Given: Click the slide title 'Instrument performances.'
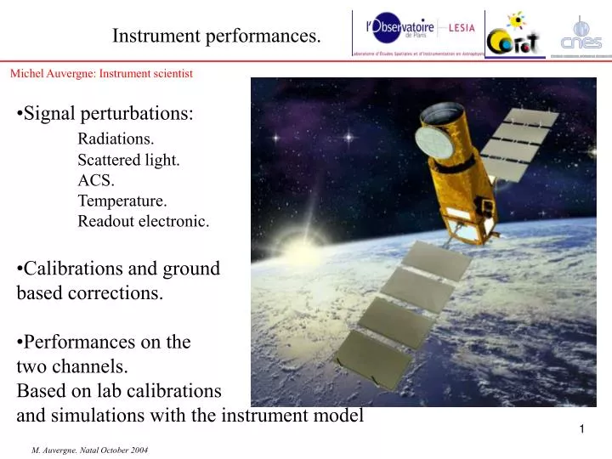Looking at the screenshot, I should [218, 36].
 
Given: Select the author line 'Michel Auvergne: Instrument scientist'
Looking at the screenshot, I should [101, 73].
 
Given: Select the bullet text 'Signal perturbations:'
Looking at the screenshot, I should [107, 113].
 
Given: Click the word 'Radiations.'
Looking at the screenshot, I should [116, 139].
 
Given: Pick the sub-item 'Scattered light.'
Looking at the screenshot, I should [128, 160].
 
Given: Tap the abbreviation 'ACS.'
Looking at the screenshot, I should [96, 180].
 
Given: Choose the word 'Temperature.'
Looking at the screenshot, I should [122, 201].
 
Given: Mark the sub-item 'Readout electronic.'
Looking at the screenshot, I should [143, 221].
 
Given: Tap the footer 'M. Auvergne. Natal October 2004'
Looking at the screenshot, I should [89, 448].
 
